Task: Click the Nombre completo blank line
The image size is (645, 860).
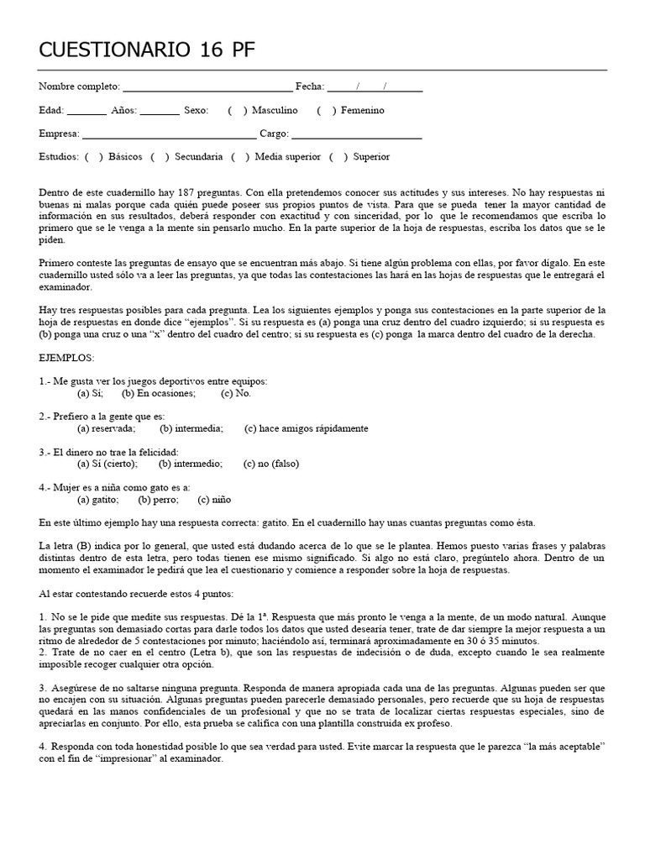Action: [207, 87]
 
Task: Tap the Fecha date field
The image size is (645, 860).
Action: [375, 87]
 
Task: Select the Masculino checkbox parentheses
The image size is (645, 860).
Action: [237, 111]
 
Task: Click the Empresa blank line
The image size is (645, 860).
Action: [169, 134]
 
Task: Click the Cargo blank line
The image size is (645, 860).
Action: [357, 134]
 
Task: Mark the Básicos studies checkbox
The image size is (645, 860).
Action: [94, 157]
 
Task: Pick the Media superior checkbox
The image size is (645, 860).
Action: [240, 157]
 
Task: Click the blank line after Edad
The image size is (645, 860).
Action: [87, 111]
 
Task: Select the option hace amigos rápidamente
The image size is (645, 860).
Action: [307, 428]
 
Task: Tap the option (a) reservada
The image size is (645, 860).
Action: [106, 428]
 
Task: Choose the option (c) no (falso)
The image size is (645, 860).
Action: [270, 464]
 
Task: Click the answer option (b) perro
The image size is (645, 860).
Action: [156, 499]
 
